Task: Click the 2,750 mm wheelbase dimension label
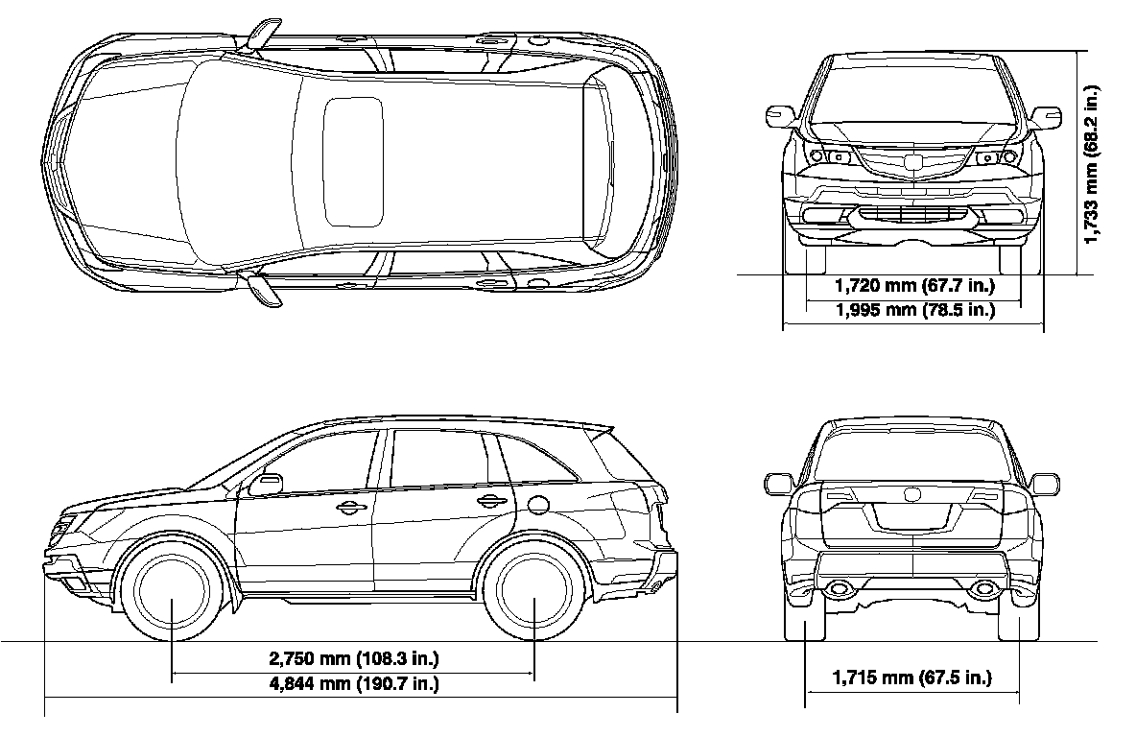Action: pyautogui.click(x=353, y=659)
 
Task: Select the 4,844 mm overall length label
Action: pyautogui.click(x=353, y=684)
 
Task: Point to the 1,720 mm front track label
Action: pyautogui.click(x=913, y=285)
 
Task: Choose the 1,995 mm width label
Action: pyautogui.click(x=913, y=309)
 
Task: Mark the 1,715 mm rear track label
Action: pyautogui.click(x=911, y=678)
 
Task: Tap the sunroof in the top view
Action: pyautogui.click(x=353, y=160)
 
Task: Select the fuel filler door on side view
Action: pyautogui.click(x=538, y=504)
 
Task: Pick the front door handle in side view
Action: pyautogui.click(x=351, y=508)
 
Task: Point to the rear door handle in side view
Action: pyautogui.click(x=490, y=500)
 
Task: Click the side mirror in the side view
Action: pyautogui.click(x=265, y=485)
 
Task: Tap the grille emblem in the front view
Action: pyautogui.click(x=911, y=163)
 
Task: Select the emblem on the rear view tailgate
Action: pyautogui.click(x=911, y=495)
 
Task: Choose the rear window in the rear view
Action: pyautogui.click(x=911, y=455)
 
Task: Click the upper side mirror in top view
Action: pyautogui.click(x=260, y=36)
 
